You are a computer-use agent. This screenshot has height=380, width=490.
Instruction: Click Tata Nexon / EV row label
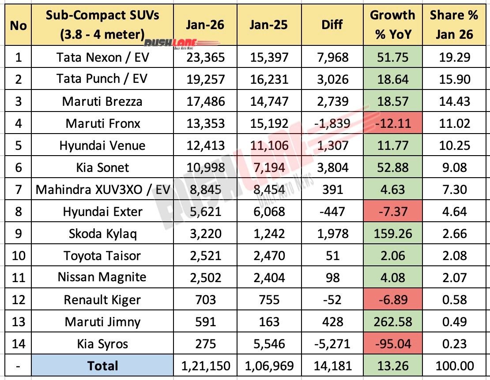(102, 57)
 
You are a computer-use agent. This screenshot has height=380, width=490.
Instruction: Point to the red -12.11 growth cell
(392, 123)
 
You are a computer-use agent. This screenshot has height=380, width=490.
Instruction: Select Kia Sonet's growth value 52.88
(392, 168)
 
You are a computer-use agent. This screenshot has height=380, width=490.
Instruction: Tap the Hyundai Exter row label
(102, 212)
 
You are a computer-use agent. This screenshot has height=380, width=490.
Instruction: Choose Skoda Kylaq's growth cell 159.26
(392, 234)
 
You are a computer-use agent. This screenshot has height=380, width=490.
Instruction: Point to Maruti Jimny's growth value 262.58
(392, 322)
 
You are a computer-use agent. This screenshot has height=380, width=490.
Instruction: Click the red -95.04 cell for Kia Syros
(392, 343)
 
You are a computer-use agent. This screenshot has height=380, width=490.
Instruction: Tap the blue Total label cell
(102, 365)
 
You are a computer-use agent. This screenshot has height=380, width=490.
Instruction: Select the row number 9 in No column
(18, 234)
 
